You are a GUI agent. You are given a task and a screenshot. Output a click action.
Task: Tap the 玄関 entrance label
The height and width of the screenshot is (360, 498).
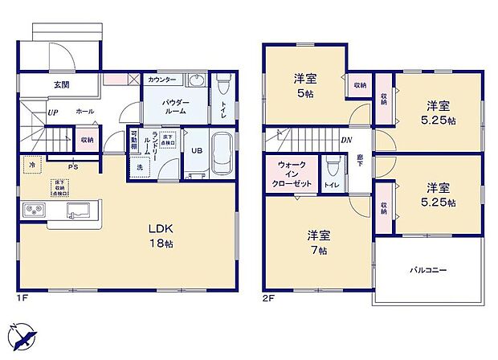(61, 84)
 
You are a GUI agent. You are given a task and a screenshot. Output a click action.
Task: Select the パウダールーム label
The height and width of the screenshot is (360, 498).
(174, 106)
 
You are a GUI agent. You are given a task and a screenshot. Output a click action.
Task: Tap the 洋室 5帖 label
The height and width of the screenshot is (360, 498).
(304, 84)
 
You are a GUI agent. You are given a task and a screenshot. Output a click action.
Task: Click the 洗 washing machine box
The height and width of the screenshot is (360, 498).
(139, 168)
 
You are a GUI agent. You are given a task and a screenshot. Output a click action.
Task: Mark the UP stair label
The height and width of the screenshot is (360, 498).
(53, 112)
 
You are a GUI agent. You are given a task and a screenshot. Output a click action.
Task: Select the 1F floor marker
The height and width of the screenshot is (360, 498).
(22, 299)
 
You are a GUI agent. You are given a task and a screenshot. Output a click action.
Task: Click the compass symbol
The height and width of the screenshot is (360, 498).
(22, 337)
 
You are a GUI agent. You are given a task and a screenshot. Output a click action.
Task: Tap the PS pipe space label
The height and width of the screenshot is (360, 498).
(72, 167)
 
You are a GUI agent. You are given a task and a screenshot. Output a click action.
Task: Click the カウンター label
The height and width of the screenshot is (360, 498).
(162, 80)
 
